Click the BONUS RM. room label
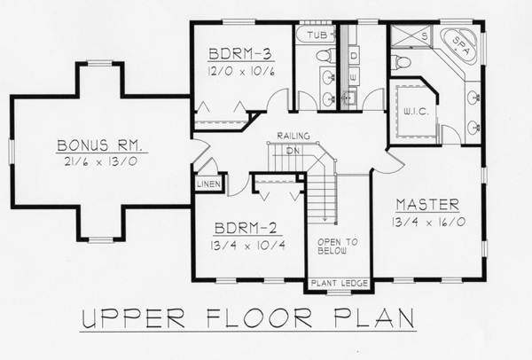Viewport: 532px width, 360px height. (x=99, y=145)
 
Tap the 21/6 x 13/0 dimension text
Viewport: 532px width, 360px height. (x=100, y=161)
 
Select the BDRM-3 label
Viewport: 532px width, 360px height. (x=240, y=54)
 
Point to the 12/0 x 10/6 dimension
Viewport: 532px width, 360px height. (x=240, y=71)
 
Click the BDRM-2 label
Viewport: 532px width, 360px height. (x=247, y=229)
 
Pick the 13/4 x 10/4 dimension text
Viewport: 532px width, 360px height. (x=247, y=245)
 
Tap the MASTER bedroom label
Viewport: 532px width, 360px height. (x=427, y=205)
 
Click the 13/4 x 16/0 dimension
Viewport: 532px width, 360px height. (x=428, y=222)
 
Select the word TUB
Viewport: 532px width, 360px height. (x=317, y=35)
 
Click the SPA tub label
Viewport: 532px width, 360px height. (x=461, y=45)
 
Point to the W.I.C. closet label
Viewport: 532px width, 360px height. (x=416, y=112)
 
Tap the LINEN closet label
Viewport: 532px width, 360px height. (x=208, y=184)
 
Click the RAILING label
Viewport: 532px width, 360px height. (x=293, y=136)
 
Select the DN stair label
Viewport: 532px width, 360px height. (x=293, y=151)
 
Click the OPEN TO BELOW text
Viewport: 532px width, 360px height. (x=337, y=247)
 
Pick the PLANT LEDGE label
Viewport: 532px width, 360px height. (x=340, y=283)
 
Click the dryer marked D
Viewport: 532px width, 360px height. (x=354, y=56)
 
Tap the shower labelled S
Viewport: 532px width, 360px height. (x=411, y=35)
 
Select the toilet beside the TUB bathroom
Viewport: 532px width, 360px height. (x=325, y=55)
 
